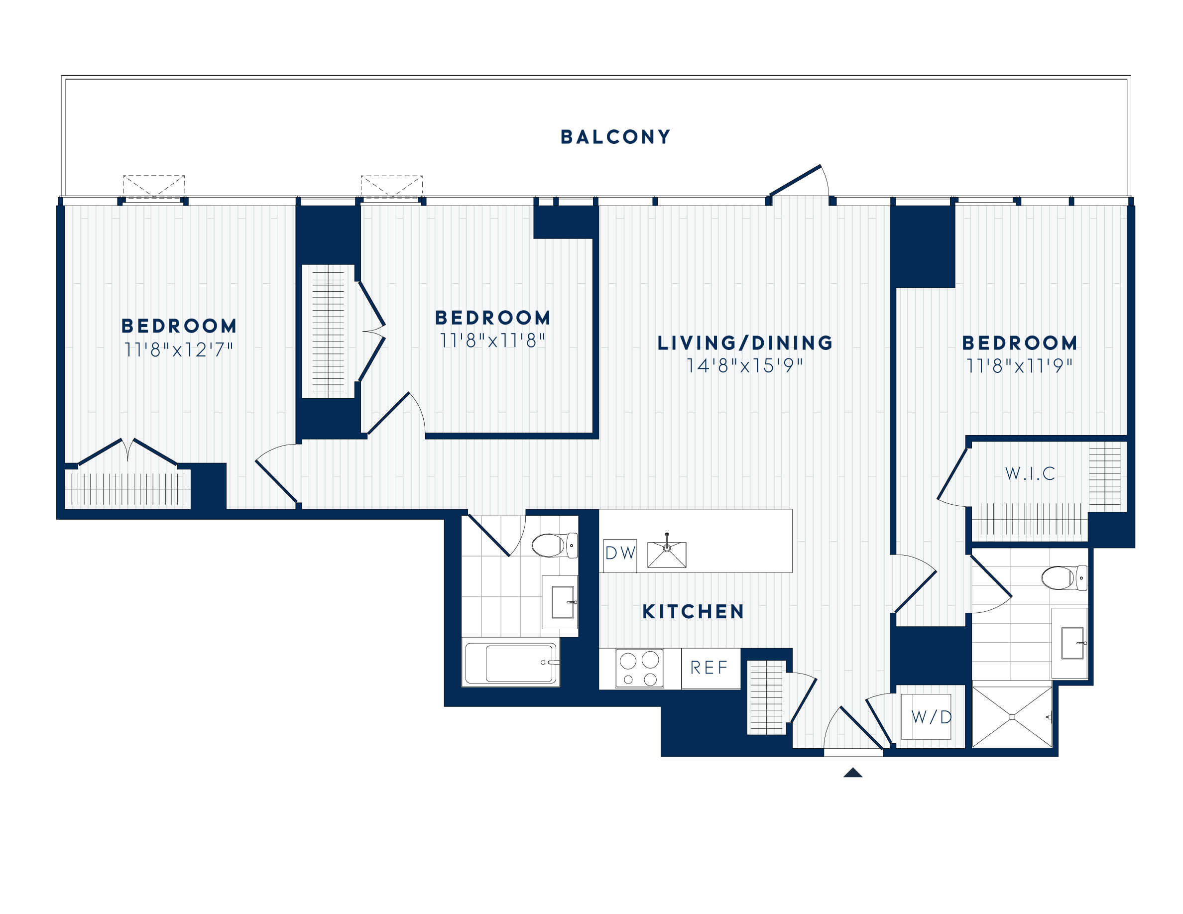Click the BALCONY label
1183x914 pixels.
615,137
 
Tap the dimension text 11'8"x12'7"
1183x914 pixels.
179,350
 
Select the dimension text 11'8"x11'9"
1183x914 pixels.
1019,366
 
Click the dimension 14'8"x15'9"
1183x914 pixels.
745,366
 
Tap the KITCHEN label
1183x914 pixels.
693,612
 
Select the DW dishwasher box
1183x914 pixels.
620,554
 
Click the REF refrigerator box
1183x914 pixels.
709,668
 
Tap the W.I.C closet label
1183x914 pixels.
1030,474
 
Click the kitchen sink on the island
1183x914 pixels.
667,554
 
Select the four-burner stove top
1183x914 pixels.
639,669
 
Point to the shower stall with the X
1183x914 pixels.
1012,717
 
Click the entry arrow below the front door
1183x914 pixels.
852,773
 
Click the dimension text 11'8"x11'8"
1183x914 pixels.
492,341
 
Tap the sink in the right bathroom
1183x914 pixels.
1072,643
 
